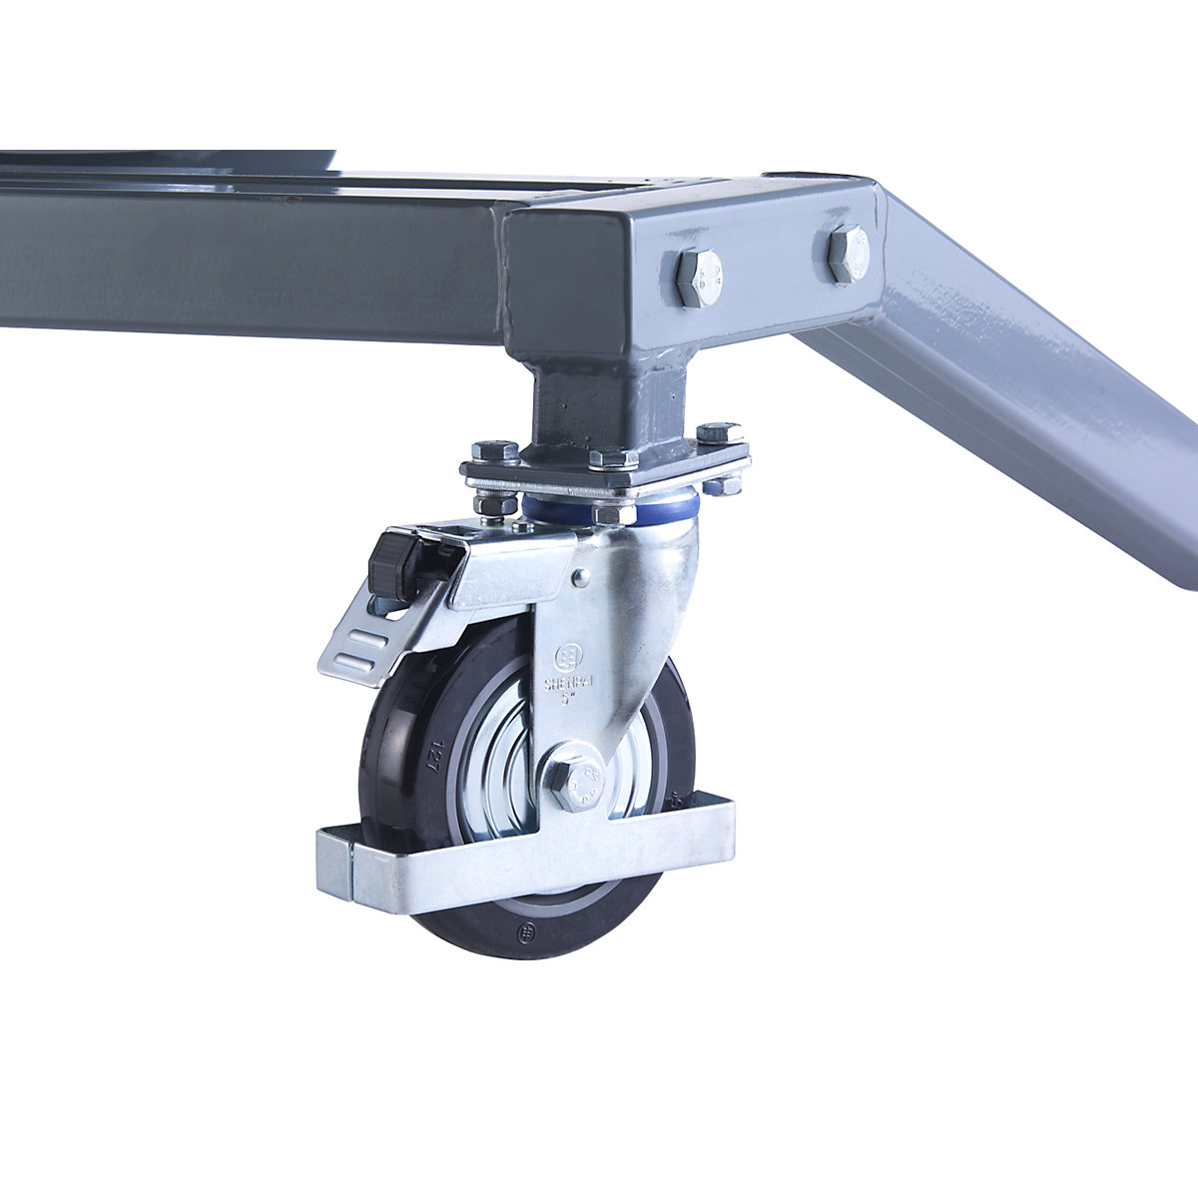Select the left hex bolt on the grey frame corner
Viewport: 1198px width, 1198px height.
698,277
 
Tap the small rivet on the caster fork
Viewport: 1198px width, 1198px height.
579,576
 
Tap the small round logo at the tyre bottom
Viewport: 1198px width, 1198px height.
527,932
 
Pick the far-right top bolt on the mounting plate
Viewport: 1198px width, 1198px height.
719,433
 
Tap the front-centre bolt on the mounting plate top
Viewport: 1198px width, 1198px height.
613,459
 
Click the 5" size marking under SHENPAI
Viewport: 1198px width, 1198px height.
567,700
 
